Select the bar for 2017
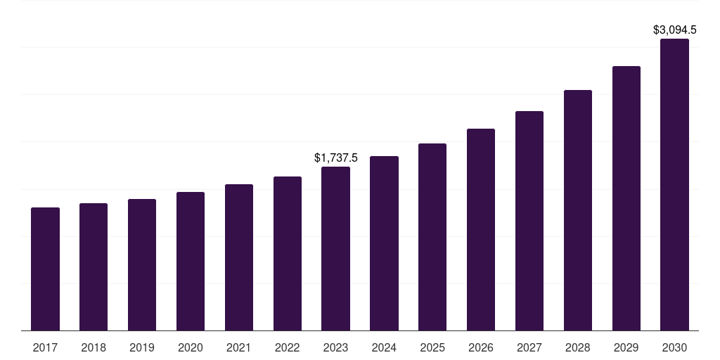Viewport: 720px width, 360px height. (x=45, y=269)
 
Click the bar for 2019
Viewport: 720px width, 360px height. (x=142, y=264)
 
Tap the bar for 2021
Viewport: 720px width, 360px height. (x=239, y=257)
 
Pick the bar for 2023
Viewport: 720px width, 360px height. (x=335, y=248)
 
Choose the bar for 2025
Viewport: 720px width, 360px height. (x=432, y=237)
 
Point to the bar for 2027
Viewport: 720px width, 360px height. (x=529, y=221)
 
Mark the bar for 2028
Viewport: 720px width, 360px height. (x=578, y=210)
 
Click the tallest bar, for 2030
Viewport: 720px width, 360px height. (x=674, y=184)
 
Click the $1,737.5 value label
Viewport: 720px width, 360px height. (x=336, y=158)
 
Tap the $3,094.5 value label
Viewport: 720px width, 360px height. (x=674, y=30)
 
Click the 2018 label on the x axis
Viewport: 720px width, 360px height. (x=94, y=347)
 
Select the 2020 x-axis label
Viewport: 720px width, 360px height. (x=191, y=347)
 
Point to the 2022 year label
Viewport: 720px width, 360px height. (x=288, y=347)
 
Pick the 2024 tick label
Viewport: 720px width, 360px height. (x=384, y=347)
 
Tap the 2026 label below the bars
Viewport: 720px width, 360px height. (x=481, y=347)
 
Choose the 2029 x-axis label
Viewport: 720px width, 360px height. (x=626, y=347)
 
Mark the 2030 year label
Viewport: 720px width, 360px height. (x=674, y=347)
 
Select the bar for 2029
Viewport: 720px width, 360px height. (x=626, y=198)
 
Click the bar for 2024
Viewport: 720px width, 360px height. (x=384, y=243)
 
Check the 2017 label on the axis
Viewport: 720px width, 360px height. (x=45, y=347)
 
